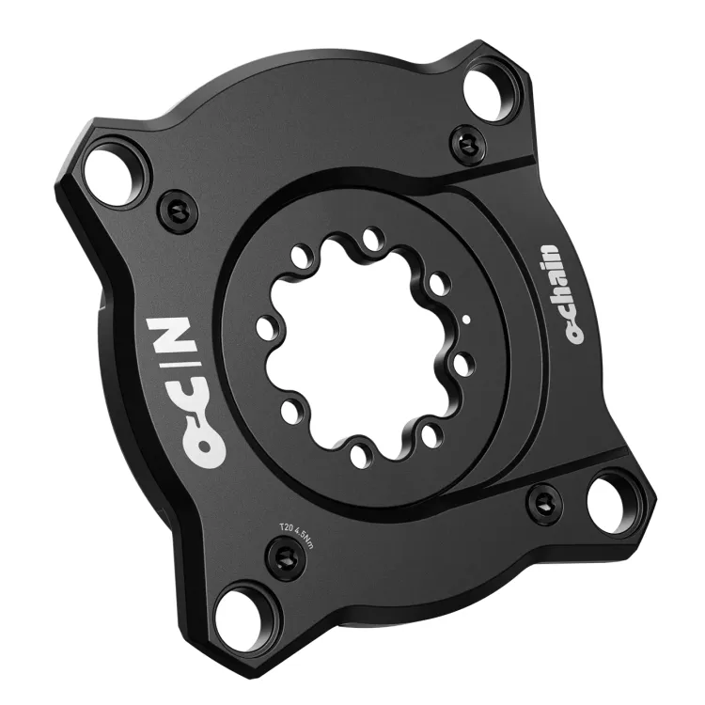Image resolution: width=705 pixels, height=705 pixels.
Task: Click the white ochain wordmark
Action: point(564,294)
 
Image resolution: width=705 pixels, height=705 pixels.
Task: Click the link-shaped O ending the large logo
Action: point(201,442)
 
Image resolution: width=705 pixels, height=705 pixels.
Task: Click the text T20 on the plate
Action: point(287,527)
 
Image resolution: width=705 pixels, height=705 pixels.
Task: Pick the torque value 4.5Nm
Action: point(306,539)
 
